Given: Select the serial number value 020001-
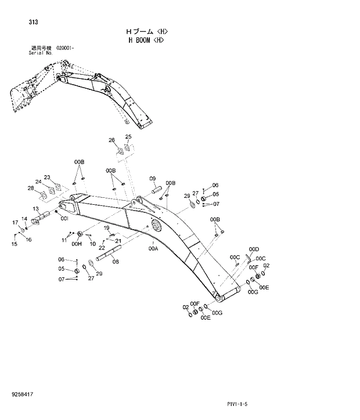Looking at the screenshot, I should point(66,48).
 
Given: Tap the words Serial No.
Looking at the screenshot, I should point(41,53).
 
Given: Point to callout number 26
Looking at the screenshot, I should point(111,140).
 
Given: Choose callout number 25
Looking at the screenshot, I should point(128,137).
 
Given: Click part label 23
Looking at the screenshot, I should point(47,177).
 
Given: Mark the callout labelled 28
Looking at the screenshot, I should point(30,188).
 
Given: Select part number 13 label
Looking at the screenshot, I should point(35,208).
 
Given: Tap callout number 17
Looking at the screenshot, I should point(15,222).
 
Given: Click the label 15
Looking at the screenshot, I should point(14,244).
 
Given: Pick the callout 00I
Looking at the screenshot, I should point(64,219).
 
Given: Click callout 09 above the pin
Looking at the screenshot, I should point(152,178).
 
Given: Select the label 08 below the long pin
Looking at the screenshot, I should point(116,262).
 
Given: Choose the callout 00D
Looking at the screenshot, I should point(253,249).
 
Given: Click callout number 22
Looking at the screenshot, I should point(102,248).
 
